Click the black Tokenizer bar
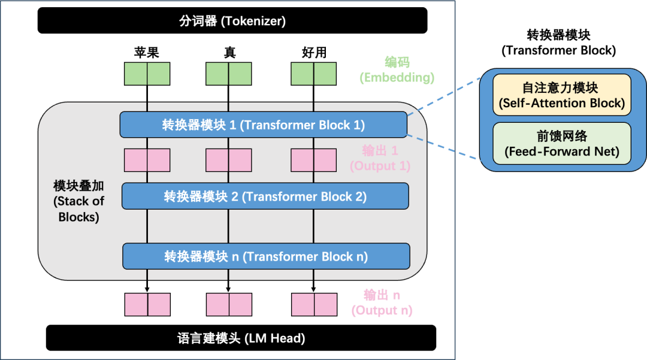232,20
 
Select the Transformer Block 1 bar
263,125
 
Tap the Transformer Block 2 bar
265,196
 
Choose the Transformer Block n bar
266,256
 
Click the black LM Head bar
241,338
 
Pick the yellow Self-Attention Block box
562,95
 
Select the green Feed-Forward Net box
562,144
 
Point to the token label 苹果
147,52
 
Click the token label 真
229,52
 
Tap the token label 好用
314,52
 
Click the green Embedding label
397,69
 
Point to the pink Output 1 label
380,158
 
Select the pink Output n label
382,302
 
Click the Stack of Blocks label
78,201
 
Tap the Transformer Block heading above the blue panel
559,43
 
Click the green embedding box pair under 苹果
147,74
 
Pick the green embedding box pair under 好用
313,74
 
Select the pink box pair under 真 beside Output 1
229,160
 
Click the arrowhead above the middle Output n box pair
228,289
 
